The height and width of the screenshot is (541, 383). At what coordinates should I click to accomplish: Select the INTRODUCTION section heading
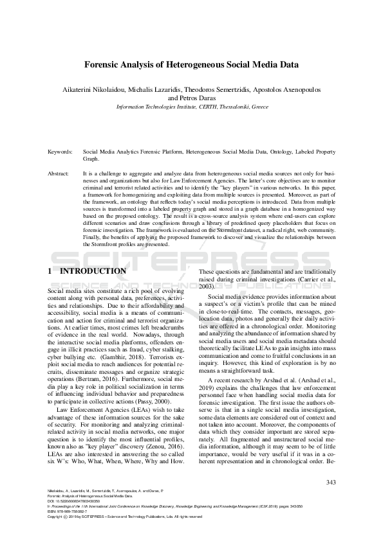point(93,271)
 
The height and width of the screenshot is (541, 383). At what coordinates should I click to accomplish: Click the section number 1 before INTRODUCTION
point(50,271)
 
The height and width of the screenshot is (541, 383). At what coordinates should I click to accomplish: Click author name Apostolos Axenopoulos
point(292,88)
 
